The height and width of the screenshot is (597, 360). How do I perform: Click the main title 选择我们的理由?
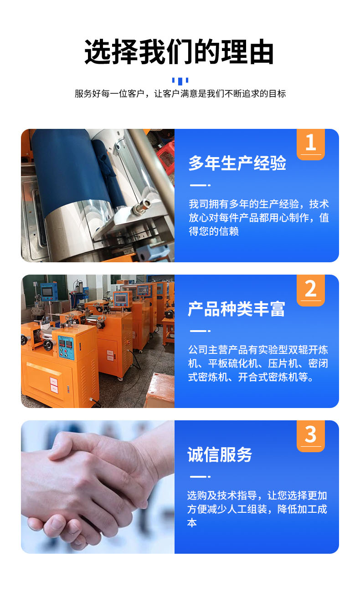179,52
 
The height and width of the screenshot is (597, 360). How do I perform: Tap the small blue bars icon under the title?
180,81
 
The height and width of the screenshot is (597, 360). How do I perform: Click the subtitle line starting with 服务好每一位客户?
180,93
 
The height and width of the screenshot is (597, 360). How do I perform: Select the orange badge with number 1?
311,144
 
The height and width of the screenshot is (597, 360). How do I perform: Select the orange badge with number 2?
311,290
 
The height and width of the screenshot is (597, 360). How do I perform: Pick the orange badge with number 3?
311,436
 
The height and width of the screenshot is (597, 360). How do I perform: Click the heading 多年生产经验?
237,163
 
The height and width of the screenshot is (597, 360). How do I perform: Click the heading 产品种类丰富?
237,309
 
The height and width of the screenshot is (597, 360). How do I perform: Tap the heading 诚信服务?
220,454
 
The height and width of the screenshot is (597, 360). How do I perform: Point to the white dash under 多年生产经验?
200,185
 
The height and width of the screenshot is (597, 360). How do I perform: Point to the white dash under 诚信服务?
200,476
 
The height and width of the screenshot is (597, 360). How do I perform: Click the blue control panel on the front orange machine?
66,348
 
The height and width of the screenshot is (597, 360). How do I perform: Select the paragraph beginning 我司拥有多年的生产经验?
259,218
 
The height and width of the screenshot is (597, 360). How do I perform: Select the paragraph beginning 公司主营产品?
258,363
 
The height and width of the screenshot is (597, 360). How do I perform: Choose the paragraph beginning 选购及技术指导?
257,509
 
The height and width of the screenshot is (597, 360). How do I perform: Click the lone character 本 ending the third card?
192,523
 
